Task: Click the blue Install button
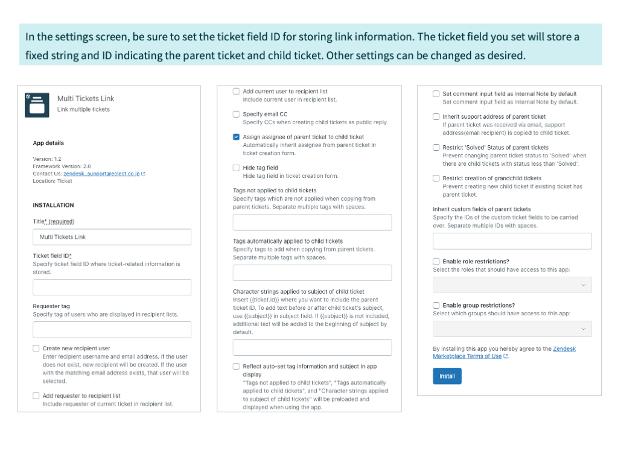(x=447, y=376)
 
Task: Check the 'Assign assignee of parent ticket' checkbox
(x=236, y=137)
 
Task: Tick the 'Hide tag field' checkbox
(x=236, y=168)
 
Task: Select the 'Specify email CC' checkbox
(x=236, y=114)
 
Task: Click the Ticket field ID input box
(x=112, y=288)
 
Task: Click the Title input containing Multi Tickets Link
(x=112, y=237)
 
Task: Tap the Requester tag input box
(x=112, y=330)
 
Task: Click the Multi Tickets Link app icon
(x=37, y=105)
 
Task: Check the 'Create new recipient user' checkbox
(x=36, y=348)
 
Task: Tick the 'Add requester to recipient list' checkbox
(x=36, y=395)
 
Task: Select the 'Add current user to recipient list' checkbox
(x=236, y=91)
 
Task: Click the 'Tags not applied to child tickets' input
(x=312, y=222)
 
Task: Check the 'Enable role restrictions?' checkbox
(x=436, y=262)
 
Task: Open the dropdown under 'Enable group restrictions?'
(x=512, y=329)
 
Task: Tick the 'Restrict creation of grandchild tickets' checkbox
(x=436, y=178)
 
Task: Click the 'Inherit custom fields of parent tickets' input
(x=512, y=242)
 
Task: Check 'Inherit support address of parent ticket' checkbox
(x=436, y=116)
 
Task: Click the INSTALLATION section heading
(x=53, y=205)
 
